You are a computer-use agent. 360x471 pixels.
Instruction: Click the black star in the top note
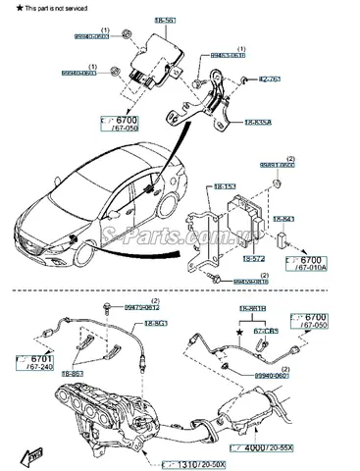(x=6, y=6)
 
